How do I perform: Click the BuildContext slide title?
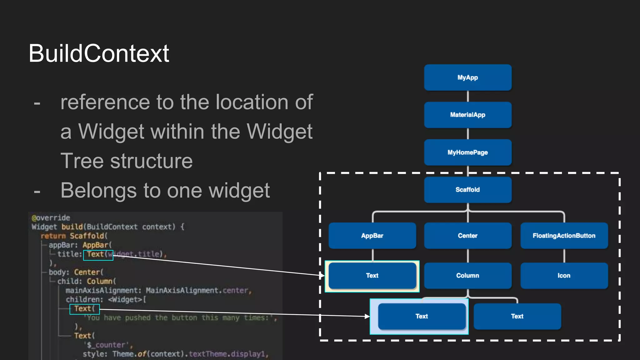pyautogui.click(x=99, y=53)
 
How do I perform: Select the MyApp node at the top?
pyautogui.click(x=467, y=77)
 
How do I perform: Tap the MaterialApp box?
pyautogui.click(x=467, y=115)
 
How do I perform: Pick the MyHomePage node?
pyautogui.click(x=467, y=152)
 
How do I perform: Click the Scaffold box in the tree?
pyautogui.click(x=467, y=190)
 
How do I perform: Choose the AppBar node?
pyautogui.click(x=372, y=236)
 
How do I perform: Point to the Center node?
pyautogui.click(x=467, y=236)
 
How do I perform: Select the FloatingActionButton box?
pyautogui.click(x=564, y=236)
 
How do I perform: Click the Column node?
pyautogui.click(x=467, y=275)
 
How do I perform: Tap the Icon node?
pyautogui.click(x=564, y=275)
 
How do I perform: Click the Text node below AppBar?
pyautogui.click(x=372, y=275)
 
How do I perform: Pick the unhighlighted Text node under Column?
pyautogui.click(x=517, y=316)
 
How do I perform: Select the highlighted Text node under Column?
pyautogui.click(x=421, y=316)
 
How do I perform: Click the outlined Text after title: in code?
pyautogui.click(x=98, y=255)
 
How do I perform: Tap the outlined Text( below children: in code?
pyautogui.click(x=84, y=309)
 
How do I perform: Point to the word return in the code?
pyautogui.click(x=53, y=236)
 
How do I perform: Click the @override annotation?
pyautogui.click(x=51, y=218)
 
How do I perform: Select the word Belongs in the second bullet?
pyautogui.click(x=98, y=191)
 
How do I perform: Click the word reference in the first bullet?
pyautogui.click(x=105, y=102)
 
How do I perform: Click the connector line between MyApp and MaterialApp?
pyautogui.click(x=467, y=96)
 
